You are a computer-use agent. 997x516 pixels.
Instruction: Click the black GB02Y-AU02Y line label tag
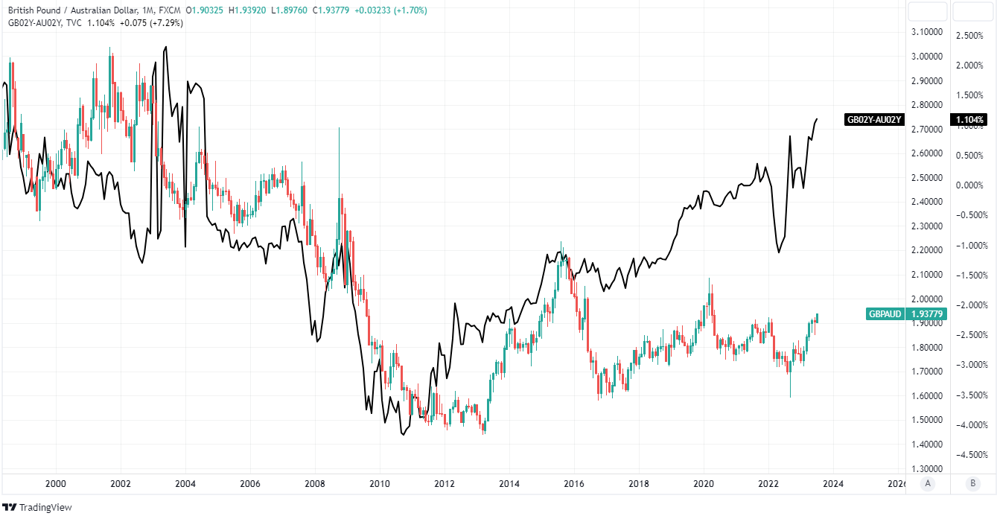coord(874,119)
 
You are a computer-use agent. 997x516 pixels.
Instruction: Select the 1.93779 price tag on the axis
coord(928,314)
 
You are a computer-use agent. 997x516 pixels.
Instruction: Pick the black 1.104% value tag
coord(969,119)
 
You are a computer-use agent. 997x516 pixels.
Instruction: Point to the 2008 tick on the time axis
coord(315,483)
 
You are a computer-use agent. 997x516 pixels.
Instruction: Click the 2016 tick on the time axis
coord(574,483)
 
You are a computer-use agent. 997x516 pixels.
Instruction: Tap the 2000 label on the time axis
coord(56,483)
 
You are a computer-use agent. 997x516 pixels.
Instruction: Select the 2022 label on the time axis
coord(768,483)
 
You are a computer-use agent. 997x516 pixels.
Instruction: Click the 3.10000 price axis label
coord(928,32)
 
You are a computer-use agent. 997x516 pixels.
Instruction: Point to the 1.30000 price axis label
coord(928,468)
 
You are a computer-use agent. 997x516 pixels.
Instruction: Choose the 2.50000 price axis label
coord(928,177)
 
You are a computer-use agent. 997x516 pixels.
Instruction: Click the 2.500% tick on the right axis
coord(970,35)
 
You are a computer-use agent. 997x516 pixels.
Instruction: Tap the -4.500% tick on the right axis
coord(969,454)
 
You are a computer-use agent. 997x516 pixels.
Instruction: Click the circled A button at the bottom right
coord(927,483)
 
